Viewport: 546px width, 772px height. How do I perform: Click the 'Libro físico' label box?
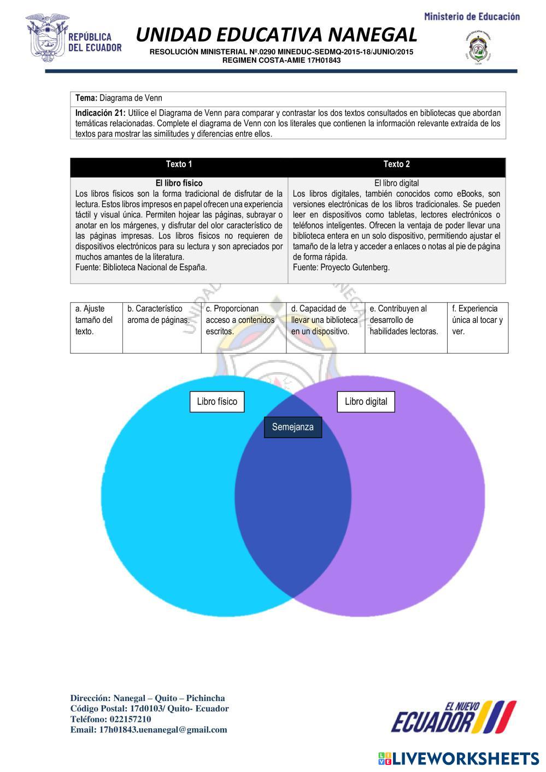click(217, 402)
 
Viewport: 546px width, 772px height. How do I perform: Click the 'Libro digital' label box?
click(366, 402)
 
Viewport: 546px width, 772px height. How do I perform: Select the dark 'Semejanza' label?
click(293, 427)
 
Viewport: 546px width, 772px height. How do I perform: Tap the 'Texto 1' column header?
click(179, 164)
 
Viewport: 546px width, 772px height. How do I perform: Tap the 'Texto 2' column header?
click(396, 164)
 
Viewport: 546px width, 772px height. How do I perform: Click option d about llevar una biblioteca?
click(325, 320)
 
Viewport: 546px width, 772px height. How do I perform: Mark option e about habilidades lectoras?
click(404, 320)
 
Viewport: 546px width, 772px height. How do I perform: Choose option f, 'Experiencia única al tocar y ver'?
click(477, 320)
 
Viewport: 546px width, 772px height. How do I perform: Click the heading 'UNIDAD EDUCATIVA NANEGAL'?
click(276, 35)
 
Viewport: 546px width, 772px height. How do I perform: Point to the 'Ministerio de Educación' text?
click(472, 16)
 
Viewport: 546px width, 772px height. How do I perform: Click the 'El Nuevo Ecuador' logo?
click(453, 717)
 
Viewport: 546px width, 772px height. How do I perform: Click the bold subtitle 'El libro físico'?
click(179, 183)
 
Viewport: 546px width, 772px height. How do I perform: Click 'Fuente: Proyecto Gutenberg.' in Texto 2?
click(341, 268)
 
